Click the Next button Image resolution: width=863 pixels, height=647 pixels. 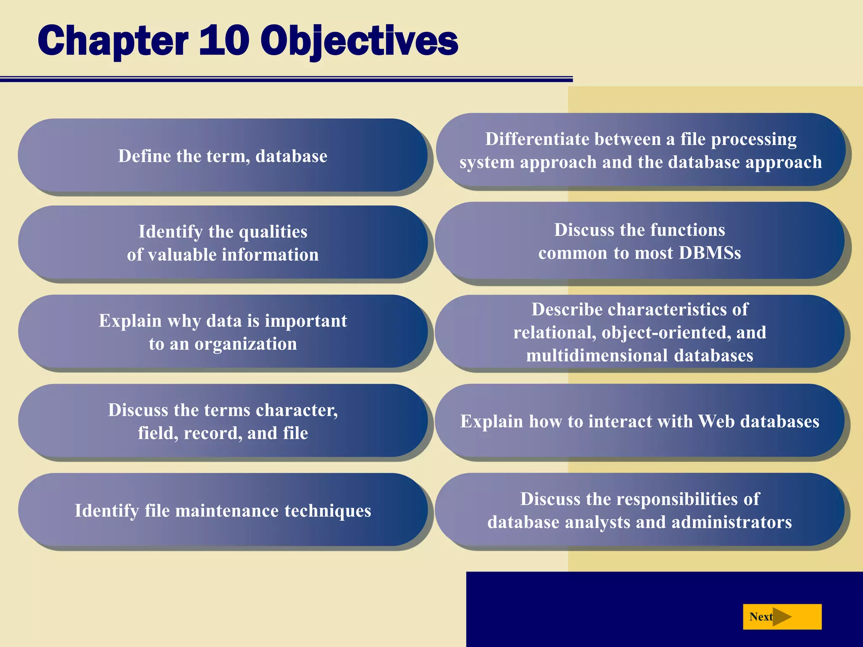[782, 617]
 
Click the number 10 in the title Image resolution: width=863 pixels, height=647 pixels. [224, 41]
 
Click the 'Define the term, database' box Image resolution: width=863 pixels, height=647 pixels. [222, 156]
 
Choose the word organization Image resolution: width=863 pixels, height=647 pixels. [245, 344]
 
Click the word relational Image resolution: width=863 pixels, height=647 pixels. [555, 333]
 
